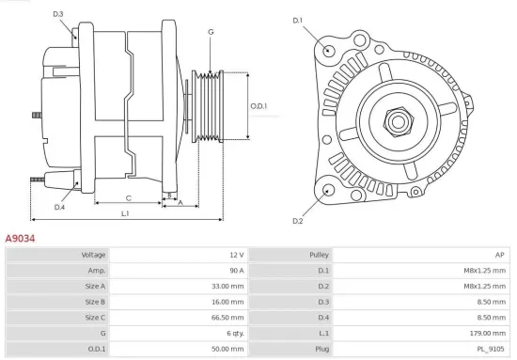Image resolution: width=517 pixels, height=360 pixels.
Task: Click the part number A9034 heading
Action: point(20,239)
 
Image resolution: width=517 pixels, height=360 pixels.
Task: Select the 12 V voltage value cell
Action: point(235,255)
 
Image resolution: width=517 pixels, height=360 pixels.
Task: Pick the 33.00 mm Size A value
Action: point(228,286)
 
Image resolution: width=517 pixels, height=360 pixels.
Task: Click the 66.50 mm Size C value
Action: point(228,317)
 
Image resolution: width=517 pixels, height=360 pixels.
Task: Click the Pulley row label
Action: point(318,255)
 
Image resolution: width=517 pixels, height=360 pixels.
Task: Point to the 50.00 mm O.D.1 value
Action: point(228,348)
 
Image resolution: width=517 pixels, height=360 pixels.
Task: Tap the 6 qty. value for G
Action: point(233,333)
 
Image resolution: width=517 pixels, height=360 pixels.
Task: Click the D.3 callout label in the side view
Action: point(58,14)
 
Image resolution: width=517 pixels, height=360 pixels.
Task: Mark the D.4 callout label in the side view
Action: point(59,207)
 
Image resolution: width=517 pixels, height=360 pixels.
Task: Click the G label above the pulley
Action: point(211,32)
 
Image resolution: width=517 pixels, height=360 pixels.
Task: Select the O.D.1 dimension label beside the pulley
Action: point(258,105)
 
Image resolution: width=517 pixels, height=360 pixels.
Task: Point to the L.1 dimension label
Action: point(125,214)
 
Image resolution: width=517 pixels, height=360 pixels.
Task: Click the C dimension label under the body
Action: point(128,197)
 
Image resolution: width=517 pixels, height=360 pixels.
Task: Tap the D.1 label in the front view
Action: point(298,20)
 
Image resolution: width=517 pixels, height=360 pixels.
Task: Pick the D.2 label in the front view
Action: point(298,221)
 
